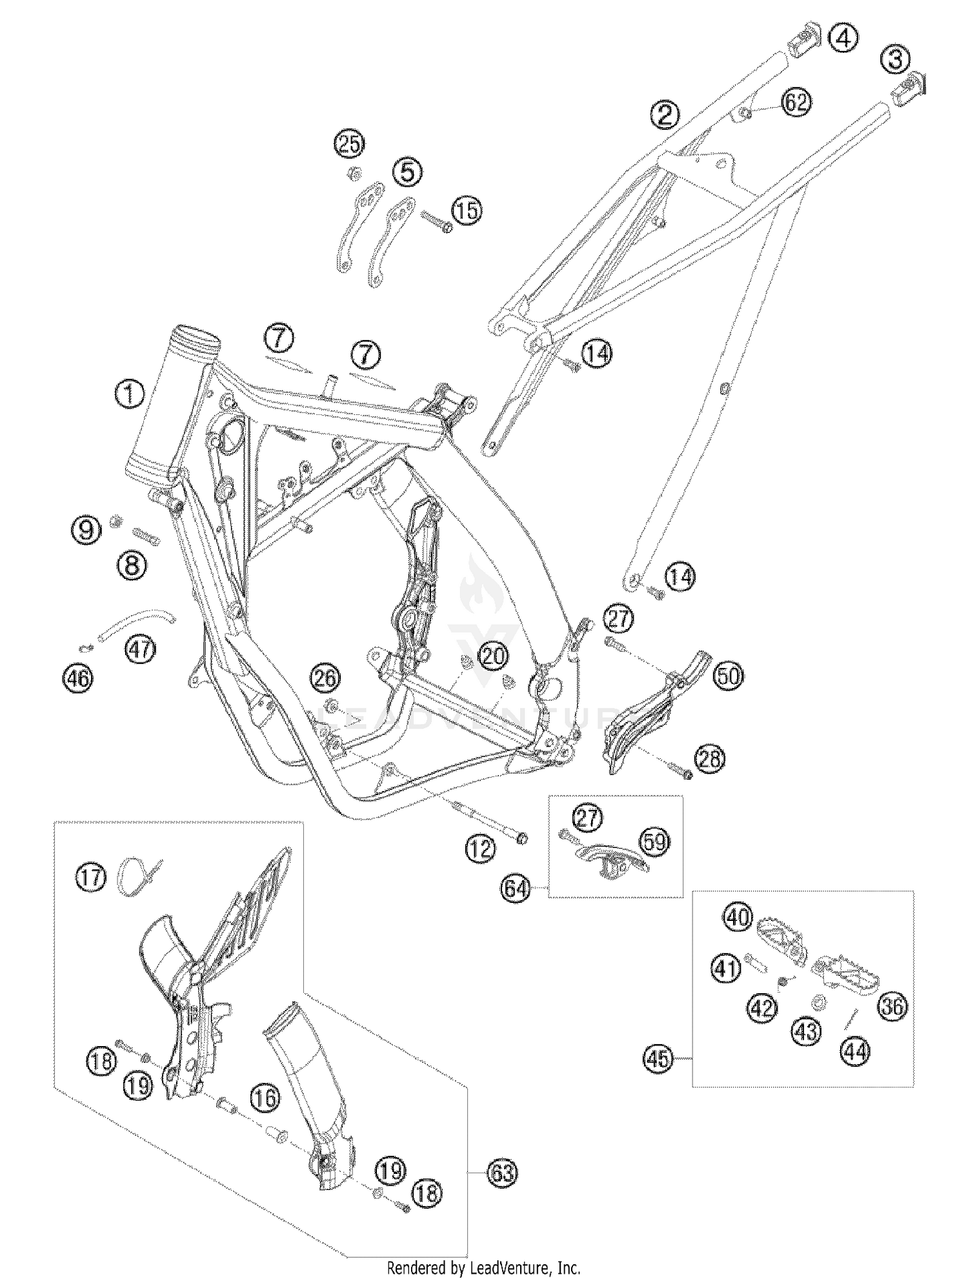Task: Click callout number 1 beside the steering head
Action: pos(129,394)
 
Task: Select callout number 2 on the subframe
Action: pos(665,115)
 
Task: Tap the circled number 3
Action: pos(896,60)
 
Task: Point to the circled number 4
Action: pos(843,38)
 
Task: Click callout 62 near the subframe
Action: pos(796,102)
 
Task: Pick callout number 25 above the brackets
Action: pos(349,144)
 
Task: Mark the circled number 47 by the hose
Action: pos(141,648)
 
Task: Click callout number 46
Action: pos(77,677)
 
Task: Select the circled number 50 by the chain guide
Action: pos(729,676)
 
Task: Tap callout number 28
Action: pos(709,758)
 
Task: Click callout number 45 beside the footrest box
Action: pos(658,1058)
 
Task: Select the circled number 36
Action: pos(892,1006)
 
